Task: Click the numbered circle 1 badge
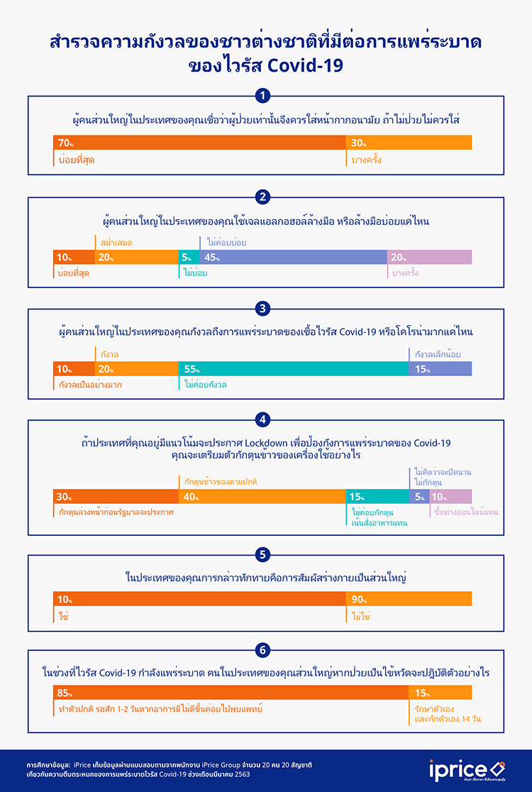263,95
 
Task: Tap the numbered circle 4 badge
263,419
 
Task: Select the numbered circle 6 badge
263,647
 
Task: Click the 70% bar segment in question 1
199,143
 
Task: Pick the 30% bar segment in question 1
409,143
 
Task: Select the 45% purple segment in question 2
294,258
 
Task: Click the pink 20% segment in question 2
429,258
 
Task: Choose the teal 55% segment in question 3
294,369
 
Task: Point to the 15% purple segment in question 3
440,369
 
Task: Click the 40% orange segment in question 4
262,497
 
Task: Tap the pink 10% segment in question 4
450,497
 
